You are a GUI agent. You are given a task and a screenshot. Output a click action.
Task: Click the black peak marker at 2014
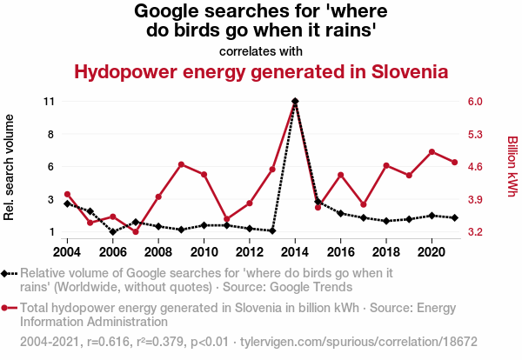[x=296, y=101]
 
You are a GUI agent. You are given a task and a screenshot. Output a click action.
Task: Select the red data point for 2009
[x=181, y=164]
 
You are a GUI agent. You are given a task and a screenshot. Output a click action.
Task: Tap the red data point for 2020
[x=432, y=152]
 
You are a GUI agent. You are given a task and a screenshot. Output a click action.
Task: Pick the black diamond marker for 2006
[x=113, y=232]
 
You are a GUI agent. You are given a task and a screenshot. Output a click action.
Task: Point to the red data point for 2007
[x=136, y=232]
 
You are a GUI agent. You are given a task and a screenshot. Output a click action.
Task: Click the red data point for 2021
[x=454, y=163]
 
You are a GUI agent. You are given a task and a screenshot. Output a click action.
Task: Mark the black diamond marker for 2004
[x=68, y=203]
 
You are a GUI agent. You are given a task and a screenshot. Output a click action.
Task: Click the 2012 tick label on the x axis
[x=250, y=252]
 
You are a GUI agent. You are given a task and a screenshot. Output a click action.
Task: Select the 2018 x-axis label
[x=386, y=252]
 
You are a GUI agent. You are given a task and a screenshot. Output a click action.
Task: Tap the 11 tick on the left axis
[x=49, y=102]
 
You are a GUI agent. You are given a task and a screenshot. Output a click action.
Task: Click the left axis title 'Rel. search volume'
[x=10, y=167]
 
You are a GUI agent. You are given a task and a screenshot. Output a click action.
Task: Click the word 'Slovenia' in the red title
[x=410, y=71]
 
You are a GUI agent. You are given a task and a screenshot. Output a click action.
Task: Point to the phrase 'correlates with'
[x=260, y=50]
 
